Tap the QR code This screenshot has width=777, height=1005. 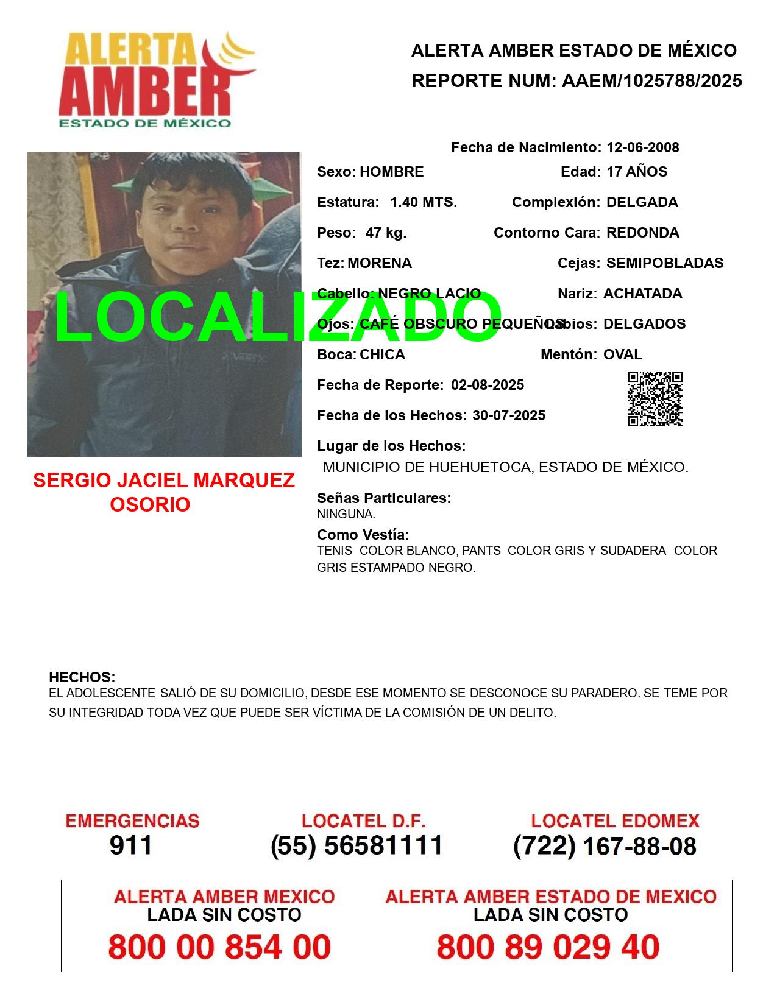pyautogui.click(x=655, y=399)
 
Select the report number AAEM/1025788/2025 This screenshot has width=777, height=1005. pyautogui.click(x=651, y=81)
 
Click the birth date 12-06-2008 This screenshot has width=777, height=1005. pyautogui.click(x=642, y=147)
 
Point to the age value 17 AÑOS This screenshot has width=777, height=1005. pyautogui.click(x=637, y=172)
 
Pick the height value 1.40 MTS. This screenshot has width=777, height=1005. pyautogui.click(x=423, y=202)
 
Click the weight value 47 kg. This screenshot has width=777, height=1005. pyautogui.click(x=386, y=233)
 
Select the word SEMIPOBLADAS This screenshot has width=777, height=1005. pyautogui.click(x=664, y=263)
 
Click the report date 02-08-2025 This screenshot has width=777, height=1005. pyautogui.click(x=487, y=385)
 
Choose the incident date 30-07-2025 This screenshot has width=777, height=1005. pyautogui.click(x=508, y=415)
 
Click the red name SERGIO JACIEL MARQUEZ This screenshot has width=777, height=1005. pyautogui.click(x=164, y=481)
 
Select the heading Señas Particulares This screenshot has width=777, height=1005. pyautogui.click(x=383, y=498)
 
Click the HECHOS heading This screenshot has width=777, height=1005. pyautogui.click(x=82, y=677)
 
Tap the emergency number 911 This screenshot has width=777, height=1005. pyautogui.click(x=130, y=845)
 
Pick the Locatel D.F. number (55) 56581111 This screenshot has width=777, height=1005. pyautogui.click(x=357, y=845)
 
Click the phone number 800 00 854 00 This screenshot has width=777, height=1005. pyautogui.click(x=219, y=947)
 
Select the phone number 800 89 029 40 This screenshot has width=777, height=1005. pyautogui.click(x=547, y=947)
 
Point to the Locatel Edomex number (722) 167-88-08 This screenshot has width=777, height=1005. pyautogui.click(x=605, y=846)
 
